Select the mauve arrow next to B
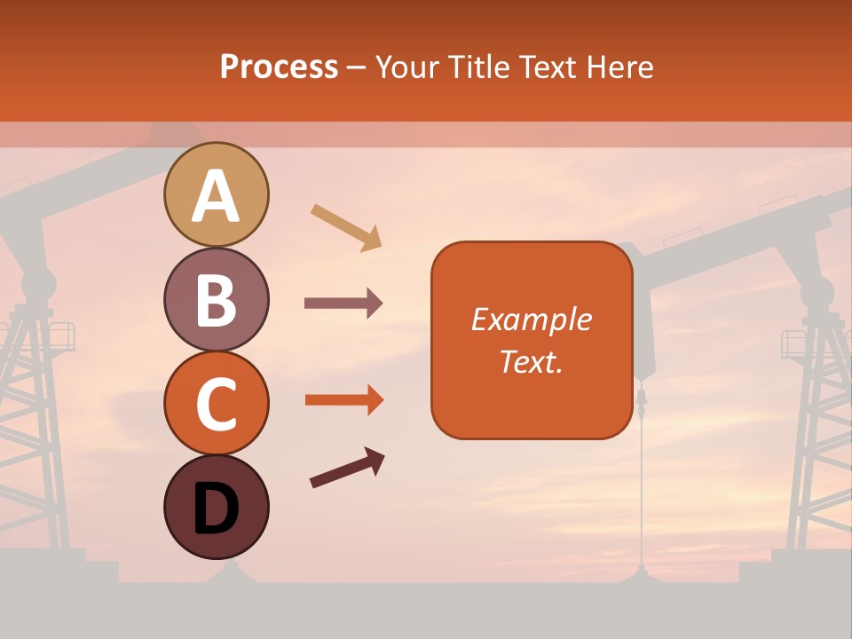click(343, 304)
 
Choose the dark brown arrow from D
click(347, 468)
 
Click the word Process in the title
click(279, 67)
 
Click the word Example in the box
click(531, 319)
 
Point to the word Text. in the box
click(531, 361)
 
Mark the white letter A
click(216, 196)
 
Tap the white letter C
click(216, 405)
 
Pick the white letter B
click(216, 300)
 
